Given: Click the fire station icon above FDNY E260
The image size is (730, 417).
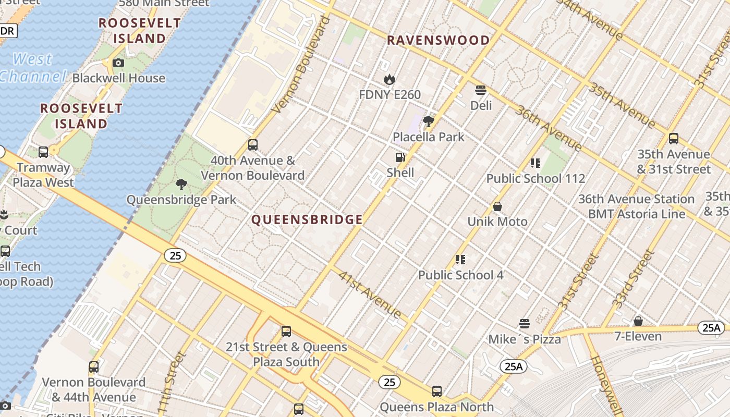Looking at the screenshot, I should point(389,80).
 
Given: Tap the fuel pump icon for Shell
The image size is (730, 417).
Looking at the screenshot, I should point(400,157).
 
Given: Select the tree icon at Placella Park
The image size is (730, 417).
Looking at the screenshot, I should point(429,121).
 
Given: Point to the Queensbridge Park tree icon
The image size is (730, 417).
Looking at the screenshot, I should point(181,184).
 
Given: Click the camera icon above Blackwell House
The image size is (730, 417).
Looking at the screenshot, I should point(118,63).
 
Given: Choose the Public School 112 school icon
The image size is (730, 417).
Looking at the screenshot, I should point(535,163).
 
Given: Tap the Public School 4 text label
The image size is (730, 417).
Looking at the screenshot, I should point(460,275).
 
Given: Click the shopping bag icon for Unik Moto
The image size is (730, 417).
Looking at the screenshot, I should point(497,206).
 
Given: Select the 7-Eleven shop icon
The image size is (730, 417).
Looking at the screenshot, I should point(638,321).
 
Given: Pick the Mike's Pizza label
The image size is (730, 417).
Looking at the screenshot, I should point(524,339).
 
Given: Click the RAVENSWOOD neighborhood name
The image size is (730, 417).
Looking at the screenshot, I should point(438,40).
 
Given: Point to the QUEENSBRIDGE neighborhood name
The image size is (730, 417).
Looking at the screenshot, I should point(307,219).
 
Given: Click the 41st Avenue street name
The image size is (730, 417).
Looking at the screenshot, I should point(370,294).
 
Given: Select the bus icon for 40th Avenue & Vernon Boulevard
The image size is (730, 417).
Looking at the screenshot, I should point(253,145).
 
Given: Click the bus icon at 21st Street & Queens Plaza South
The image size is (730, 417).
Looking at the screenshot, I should point(286,332).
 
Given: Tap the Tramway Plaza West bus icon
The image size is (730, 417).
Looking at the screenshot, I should point(43,152).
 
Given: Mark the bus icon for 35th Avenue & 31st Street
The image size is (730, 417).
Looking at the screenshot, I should point(673,139).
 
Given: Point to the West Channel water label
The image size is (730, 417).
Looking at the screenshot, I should point(32,68).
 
